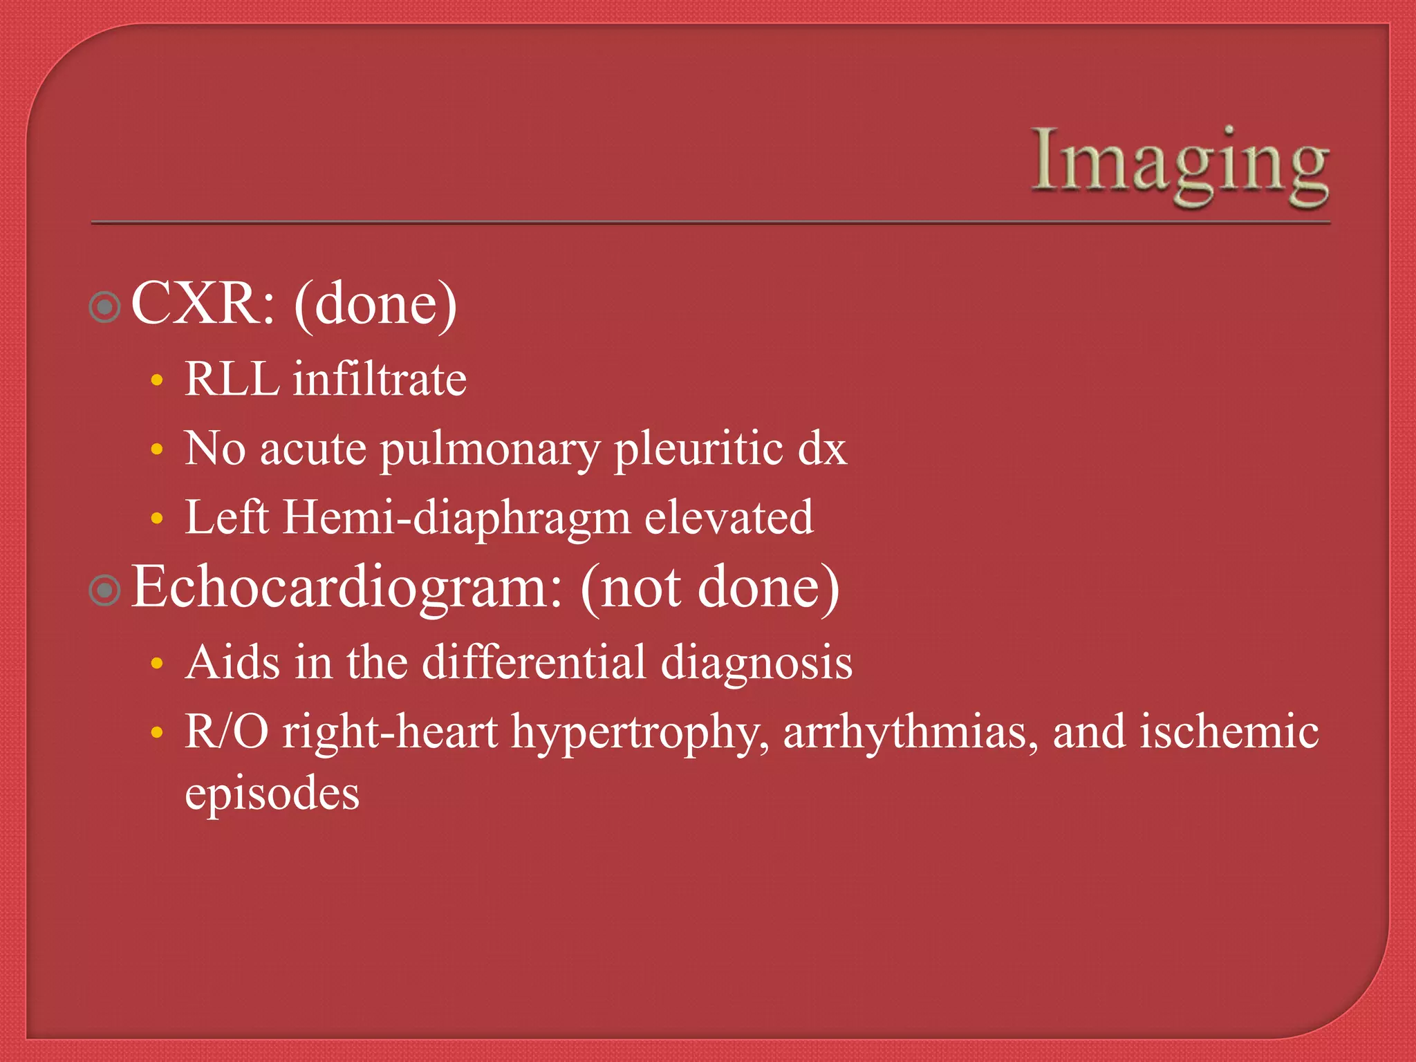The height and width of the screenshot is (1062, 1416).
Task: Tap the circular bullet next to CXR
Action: pos(105,307)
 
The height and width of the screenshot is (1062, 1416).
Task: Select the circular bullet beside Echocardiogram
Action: pos(105,590)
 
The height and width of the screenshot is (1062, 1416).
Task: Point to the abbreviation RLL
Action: pos(232,379)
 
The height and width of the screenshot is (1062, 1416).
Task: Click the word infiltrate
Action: pos(380,379)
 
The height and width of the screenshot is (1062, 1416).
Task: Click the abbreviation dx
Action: pos(822,449)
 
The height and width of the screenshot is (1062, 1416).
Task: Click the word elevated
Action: pos(729,517)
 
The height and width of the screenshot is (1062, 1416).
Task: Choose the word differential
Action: pos(534,662)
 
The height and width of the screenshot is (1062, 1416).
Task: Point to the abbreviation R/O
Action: pos(227,732)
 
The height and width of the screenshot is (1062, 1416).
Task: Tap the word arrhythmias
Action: pos(910,733)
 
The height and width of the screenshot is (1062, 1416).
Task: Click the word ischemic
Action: pos(1229,732)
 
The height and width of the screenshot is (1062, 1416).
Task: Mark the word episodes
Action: pos(272,794)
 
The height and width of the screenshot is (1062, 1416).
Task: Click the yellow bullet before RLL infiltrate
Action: pos(157,380)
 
